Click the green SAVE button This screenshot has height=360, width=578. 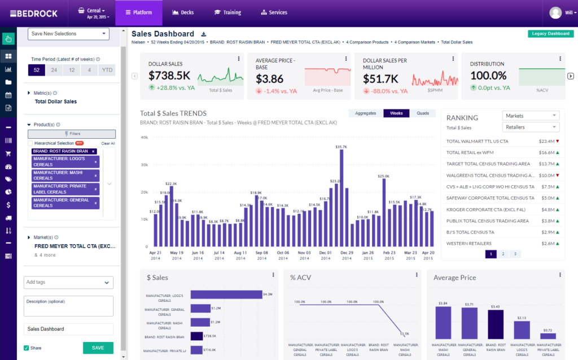[98, 348]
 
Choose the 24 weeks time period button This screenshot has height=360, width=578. [54, 70]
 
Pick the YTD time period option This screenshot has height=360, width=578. [107, 70]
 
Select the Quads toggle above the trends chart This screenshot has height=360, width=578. [422, 113]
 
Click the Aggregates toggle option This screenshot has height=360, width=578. [365, 113]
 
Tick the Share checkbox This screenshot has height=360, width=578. [27, 348]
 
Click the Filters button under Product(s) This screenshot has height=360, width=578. [72, 134]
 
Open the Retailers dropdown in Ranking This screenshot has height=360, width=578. [530, 128]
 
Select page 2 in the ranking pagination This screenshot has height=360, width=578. [503, 254]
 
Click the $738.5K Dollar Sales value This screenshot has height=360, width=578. [169, 75]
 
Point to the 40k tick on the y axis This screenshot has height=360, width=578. [144, 137]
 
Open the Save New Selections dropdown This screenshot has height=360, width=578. [68, 34]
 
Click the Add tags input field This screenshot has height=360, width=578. [68, 282]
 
